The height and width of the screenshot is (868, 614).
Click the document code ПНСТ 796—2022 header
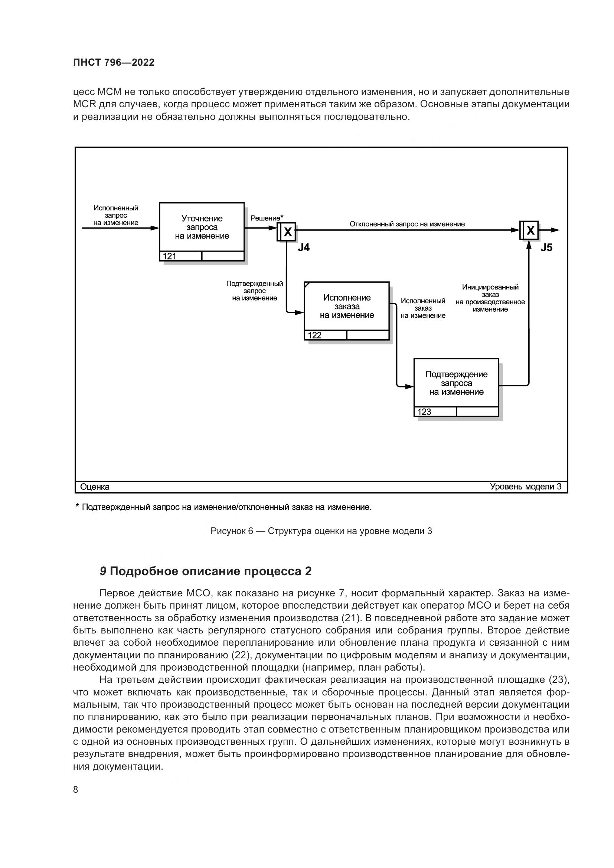[114, 62]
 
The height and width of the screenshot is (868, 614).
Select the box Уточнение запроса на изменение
[202, 227]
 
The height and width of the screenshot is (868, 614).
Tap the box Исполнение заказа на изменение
[347, 306]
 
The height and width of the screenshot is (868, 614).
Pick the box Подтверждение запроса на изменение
[456, 383]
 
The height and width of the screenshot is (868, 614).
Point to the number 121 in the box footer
[170, 256]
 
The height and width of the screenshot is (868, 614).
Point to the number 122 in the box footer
[314, 335]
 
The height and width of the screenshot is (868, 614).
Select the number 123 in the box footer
[424, 412]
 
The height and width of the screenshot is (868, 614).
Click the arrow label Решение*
[267, 218]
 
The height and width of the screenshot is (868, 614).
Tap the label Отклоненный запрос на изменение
[407, 224]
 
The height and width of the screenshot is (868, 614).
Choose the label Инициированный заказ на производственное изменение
[490, 298]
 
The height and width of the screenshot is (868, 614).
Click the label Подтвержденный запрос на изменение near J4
[254, 291]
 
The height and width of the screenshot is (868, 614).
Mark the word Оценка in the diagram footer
[95, 487]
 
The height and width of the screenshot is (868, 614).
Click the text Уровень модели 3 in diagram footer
[526, 487]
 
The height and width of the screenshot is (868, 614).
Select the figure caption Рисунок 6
[321, 531]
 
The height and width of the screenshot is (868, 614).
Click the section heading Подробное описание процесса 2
[206, 571]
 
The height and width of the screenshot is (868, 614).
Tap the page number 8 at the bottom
[76, 789]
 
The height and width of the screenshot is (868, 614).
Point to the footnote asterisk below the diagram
[78, 506]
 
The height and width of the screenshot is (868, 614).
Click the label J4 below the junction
[303, 248]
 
